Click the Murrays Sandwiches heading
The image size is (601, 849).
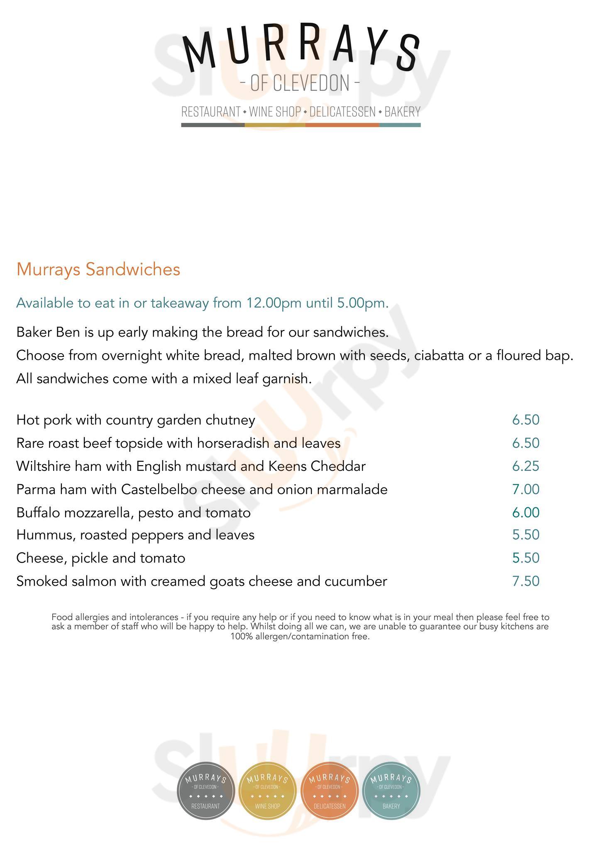pyautogui.click(x=98, y=269)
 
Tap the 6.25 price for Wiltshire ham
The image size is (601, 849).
pyautogui.click(x=525, y=466)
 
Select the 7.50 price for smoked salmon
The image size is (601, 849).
pyautogui.click(x=525, y=581)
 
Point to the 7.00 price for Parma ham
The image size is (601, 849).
pyautogui.click(x=525, y=489)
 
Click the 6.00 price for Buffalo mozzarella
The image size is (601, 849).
pyautogui.click(x=525, y=512)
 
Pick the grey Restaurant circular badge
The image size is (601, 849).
pyautogui.click(x=206, y=791)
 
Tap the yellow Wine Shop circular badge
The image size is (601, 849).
pyautogui.click(x=267, y=791)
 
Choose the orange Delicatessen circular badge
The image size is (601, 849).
pyautogui.click(x=329, y=791)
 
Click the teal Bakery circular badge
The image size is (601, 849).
pyautogui.click(x=391, y=791)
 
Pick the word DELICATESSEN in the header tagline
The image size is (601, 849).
pyautogui.click(x=342, y=112)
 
